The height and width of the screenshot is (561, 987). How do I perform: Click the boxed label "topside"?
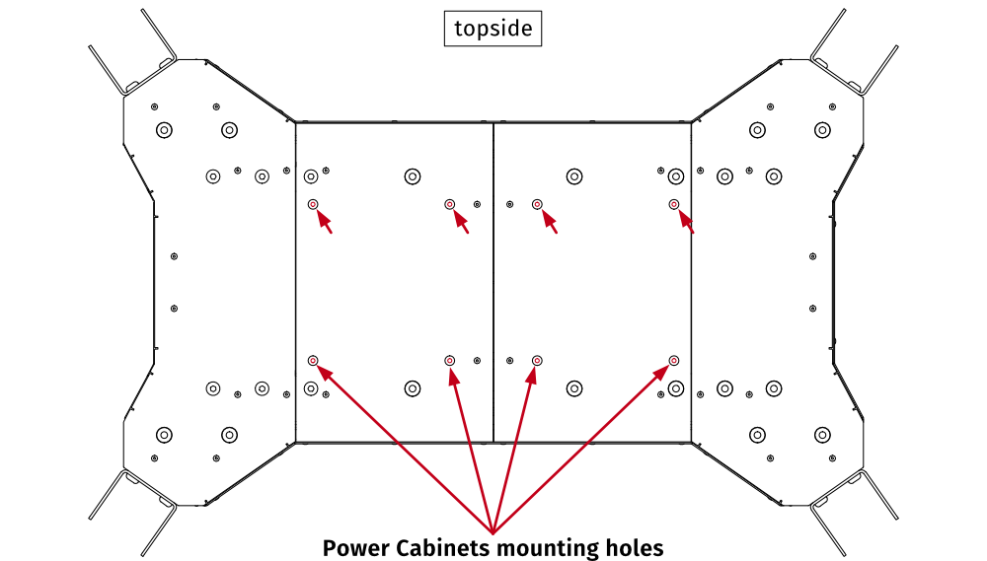click(x=493, y=30)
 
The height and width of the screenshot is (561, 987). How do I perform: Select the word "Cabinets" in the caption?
click(x=441, y=547)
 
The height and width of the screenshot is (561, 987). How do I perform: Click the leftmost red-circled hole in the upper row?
click(x=312, y=204)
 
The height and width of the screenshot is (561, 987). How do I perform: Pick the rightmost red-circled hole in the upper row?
click(x=674, y=204)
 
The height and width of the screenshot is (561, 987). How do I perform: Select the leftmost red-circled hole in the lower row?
click(x=312, y=361)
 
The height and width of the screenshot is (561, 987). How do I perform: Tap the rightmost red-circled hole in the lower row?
click(x=674, y=361)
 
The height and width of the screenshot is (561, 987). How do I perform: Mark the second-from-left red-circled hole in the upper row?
click(x=449, y=204)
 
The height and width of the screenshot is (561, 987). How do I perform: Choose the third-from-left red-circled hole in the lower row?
click(x=537, y=361)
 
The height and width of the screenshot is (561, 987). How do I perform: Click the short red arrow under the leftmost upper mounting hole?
click(x=324, y=222)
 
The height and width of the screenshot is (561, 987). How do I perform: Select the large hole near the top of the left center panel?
click(x=412, y=176)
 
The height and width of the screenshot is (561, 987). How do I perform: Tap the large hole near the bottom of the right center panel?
click(x=573, y=389)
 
